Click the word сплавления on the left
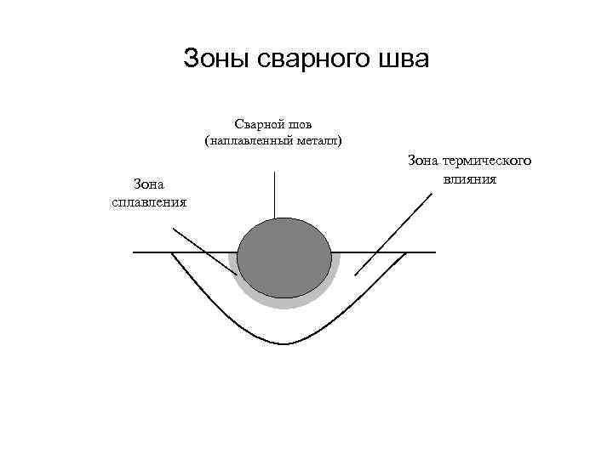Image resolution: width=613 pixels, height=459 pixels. pos(150,201)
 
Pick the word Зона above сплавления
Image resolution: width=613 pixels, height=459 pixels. pos(150,184)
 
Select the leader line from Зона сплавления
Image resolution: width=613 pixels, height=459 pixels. pos(204,251)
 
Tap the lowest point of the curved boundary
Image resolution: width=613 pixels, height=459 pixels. pos(284,343)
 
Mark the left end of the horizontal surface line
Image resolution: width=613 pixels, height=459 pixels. pos(135,252)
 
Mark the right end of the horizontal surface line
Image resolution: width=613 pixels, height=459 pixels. pos(435,252)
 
